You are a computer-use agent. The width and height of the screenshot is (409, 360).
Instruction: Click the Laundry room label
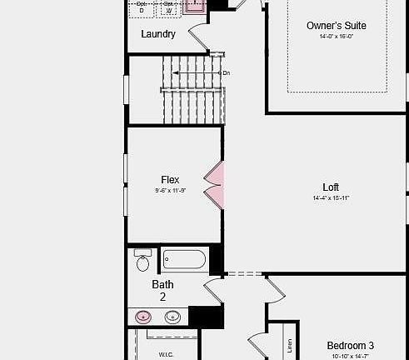click(158, 34)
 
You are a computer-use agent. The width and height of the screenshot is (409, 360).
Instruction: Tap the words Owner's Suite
click(336, 26)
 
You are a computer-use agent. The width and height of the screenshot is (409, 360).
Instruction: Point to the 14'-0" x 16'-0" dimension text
click(336, 37)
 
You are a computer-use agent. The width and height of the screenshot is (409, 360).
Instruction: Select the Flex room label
click(170, 180)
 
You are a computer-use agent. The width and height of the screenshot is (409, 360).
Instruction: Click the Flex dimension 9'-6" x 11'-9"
click(170, 191)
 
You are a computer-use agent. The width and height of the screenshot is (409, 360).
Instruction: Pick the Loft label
click(331, 187)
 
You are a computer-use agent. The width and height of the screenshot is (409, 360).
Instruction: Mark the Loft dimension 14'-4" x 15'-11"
click(331, 198)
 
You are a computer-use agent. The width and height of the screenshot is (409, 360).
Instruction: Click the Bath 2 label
click(162, 290)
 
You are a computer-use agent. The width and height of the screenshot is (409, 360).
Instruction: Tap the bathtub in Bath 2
click(184, 260)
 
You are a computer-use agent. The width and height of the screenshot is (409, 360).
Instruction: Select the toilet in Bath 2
click(142, 262)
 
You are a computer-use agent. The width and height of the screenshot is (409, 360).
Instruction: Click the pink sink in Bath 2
click(144, 317)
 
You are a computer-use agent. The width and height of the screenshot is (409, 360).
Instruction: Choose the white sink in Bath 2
click(172, 317)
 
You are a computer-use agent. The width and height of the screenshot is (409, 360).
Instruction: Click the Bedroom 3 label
click(350, 346)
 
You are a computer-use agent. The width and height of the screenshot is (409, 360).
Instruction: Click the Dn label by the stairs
click(226, 73)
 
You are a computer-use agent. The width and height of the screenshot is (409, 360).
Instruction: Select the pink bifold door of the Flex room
click(214, 185)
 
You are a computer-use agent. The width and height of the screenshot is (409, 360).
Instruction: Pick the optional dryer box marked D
click(142, 7)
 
